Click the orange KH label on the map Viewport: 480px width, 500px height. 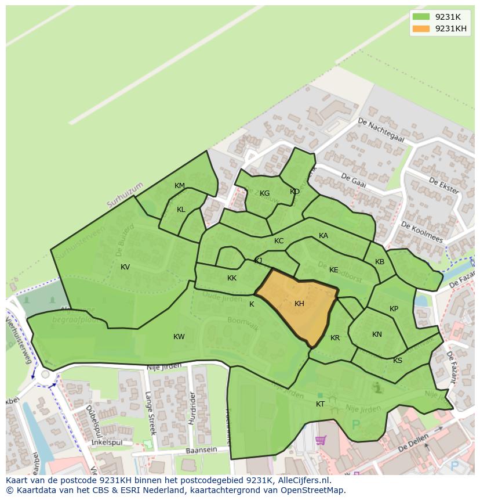click(299, 304)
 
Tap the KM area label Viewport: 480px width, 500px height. click(180, 186)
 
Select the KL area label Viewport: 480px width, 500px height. click(181, 210)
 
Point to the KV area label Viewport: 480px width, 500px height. click(125, 267)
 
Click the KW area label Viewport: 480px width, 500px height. click(179, 337)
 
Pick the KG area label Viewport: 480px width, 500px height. click(264, 193)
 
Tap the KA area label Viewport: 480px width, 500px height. click(323, 236)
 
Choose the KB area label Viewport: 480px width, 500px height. click(380, 262)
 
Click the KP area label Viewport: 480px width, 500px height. click(394, 309)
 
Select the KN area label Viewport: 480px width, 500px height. click(377, 334)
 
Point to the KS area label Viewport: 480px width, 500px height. click(398, 361)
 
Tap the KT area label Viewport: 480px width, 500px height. click(320, 404)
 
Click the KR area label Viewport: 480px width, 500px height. click(335, 338)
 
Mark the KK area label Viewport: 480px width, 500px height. click(232, 278)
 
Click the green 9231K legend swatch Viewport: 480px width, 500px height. click(421, 17)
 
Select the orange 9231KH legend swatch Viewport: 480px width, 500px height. click(421, 28)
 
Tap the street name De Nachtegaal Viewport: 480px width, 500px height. click(381, 130)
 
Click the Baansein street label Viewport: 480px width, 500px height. click(201, 451)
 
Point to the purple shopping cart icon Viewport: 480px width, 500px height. click(321, 440)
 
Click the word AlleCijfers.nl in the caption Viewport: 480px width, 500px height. click(303, 480)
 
